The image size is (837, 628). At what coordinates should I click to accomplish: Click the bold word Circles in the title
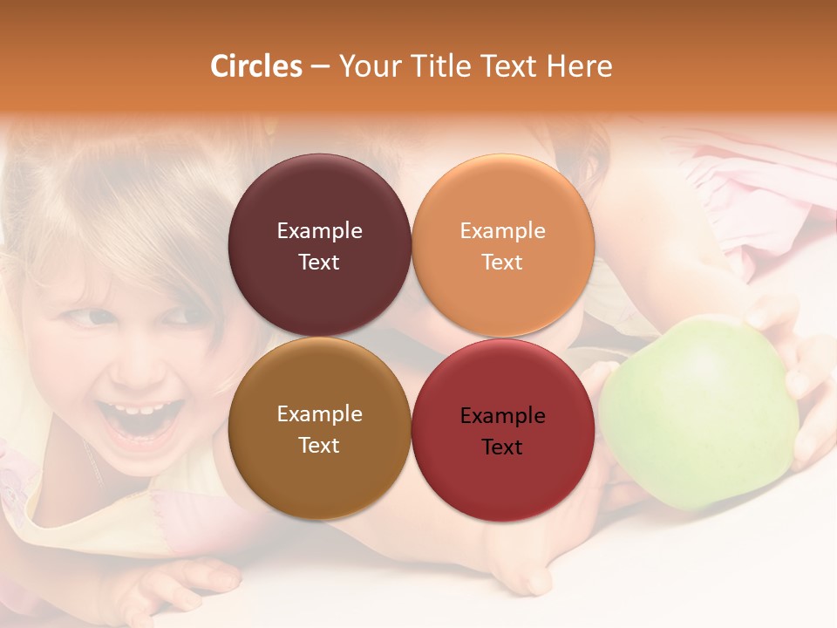coord(256,66)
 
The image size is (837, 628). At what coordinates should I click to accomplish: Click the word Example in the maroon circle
coord(319,230)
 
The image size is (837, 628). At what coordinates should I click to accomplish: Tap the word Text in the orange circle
coord(502,262)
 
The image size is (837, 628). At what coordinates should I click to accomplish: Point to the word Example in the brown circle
coord(319,413)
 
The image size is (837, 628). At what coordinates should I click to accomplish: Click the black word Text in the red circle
coord(502,447)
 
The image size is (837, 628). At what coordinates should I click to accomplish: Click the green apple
coord(697,410)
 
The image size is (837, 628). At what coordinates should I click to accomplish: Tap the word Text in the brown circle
coord(319,445)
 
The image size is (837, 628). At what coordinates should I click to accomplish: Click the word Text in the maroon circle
coord(319,262)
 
